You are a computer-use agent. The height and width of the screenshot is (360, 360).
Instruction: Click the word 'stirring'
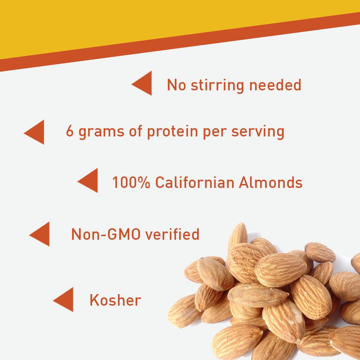point(217,85)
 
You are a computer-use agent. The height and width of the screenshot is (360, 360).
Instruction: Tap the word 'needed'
point(275,85)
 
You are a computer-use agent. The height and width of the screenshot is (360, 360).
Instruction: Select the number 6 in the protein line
point(69,131)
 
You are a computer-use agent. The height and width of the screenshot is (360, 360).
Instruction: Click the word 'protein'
point(172,132)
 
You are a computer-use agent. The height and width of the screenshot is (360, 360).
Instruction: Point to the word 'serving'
point(258,132)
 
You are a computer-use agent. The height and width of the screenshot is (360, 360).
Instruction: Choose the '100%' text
point(131,183)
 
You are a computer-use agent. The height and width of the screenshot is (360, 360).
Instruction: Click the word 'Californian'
point(195,182)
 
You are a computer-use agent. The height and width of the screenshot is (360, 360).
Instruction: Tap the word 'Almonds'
point(271,182)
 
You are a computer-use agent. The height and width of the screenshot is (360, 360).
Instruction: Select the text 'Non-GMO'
point(106,234)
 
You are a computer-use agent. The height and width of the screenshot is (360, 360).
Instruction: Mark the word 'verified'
point(172,234)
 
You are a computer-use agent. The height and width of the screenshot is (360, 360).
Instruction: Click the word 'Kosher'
point(115,300)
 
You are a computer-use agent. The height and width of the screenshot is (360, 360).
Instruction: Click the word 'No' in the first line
point(176,85)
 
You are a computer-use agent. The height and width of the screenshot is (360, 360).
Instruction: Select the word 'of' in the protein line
point(135,131)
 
